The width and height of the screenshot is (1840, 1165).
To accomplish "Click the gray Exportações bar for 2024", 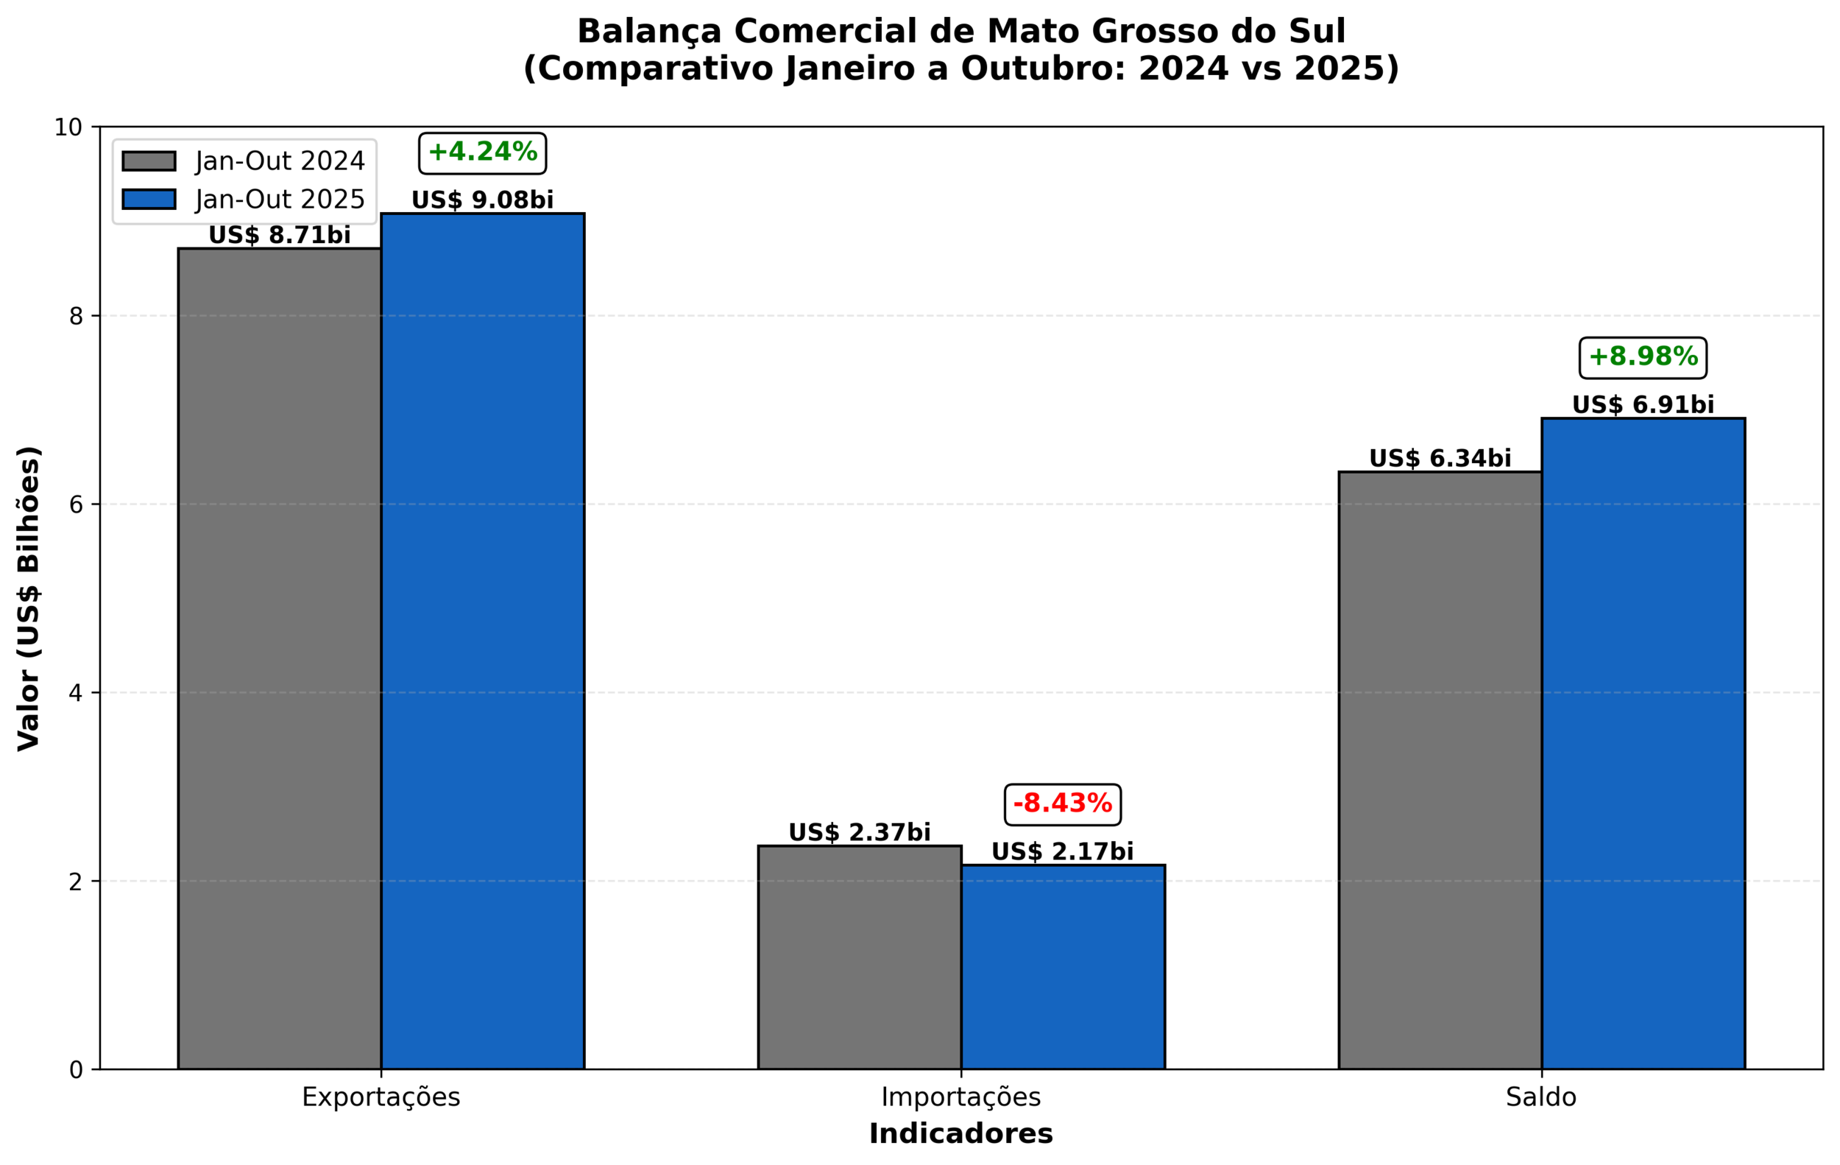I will (280, 658).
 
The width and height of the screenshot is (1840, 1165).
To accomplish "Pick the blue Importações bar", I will (1063, 967).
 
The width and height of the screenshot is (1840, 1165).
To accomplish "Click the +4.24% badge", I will (482, 153).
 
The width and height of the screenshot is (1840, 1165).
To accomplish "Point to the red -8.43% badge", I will (1062, 804).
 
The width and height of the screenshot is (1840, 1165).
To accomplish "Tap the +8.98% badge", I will (1643, 357).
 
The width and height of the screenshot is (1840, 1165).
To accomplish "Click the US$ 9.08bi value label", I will (482, 200).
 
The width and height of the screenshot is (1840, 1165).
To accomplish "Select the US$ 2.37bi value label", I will (860, 832).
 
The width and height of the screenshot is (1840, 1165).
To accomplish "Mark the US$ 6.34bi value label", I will (1440, 459).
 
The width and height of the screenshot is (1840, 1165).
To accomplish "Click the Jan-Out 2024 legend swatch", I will (149, 161).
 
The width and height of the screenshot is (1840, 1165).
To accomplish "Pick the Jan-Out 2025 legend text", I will (280, 200).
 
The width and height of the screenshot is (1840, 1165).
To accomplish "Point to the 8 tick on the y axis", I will (76, 316).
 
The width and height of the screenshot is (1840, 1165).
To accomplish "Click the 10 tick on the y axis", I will (68, 127).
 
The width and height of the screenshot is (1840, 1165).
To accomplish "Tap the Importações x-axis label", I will (960, 1098).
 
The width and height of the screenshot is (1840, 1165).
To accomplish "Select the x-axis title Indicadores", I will (960, 1133).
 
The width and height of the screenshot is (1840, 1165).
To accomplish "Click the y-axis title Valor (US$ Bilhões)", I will (29, 598).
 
